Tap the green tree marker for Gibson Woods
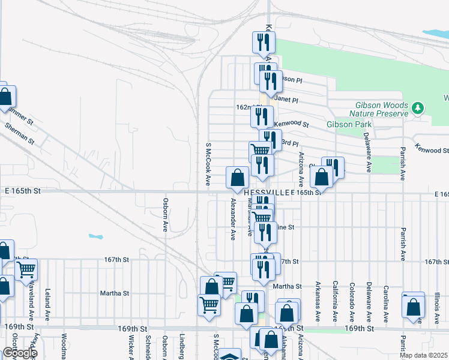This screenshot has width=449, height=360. pos(418,108)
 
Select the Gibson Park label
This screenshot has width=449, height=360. pos(349,125)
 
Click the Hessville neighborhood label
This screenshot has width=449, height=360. pos(268,192)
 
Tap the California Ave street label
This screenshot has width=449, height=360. pos(335,300)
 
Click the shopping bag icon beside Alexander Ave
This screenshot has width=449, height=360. pos(238,178)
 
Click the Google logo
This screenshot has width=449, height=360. pos(19,353)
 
